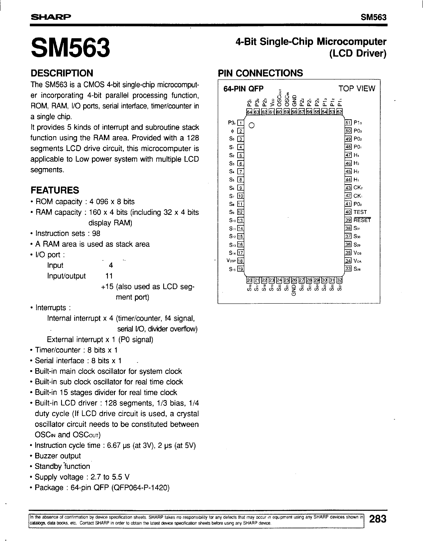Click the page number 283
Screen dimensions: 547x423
378,519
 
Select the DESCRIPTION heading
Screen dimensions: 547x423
62,73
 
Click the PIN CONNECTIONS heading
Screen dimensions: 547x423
260,73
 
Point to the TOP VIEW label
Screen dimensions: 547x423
357,88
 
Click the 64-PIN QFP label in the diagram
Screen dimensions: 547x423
243,89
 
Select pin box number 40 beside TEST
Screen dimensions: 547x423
348,212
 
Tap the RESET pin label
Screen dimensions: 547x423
362,220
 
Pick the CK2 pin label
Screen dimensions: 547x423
358,188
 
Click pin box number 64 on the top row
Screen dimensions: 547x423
249,112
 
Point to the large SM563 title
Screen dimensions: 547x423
70,47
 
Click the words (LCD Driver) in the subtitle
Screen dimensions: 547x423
358,54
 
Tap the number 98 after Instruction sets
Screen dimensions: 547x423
96,233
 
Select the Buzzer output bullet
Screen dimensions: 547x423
58,456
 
